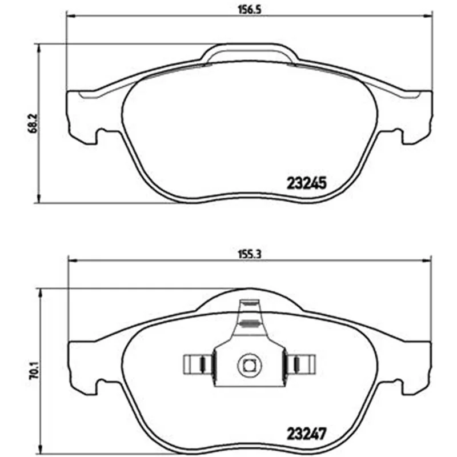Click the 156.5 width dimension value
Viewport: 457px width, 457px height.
pyautogui.click(x=250, y=10)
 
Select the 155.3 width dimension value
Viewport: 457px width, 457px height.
pyautogui.click(x=250, y=254)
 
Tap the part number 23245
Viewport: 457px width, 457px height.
pyautogui.click(x=307, y=183)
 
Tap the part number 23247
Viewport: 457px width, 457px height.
pyautogui.click(x=306, y=434)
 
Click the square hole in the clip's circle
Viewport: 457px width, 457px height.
pyautogui.click(x=249, y=366)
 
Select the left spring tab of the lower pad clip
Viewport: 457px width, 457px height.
pyautogui.click(x=198, y=364)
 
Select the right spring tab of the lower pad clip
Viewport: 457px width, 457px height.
pyautogui.click(x=300, y=364)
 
